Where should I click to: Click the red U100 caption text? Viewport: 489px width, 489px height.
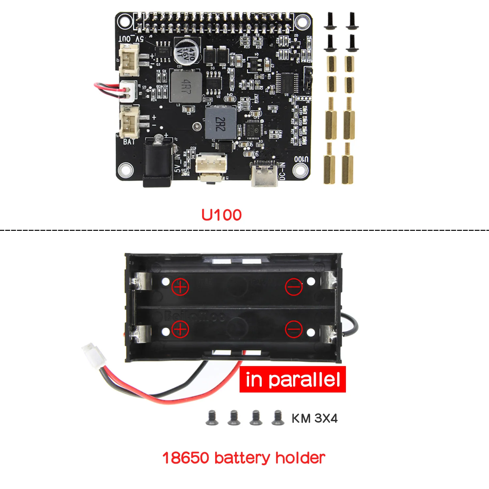point(221,215)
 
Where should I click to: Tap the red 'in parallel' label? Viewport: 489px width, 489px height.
point(292,379)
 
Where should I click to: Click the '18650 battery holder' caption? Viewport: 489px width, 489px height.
point(244,458)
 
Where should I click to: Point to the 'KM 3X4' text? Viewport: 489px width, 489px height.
point(315,418)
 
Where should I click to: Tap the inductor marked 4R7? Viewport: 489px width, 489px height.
point(186,86)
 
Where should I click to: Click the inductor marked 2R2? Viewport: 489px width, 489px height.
point(220,124)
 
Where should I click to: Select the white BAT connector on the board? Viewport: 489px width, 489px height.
point(130,122)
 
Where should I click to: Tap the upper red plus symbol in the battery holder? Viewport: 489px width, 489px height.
point(180,287)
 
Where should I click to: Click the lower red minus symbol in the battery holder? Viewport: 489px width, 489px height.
point(294,329)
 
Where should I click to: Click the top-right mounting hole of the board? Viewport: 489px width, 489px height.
point(302,22)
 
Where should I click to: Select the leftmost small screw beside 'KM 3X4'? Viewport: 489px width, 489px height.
point(212,418)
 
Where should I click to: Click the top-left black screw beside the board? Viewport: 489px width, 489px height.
point(330,20)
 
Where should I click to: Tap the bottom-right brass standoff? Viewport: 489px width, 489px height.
point(348,164)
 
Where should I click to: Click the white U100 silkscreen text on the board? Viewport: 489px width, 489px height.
point(301,159)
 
